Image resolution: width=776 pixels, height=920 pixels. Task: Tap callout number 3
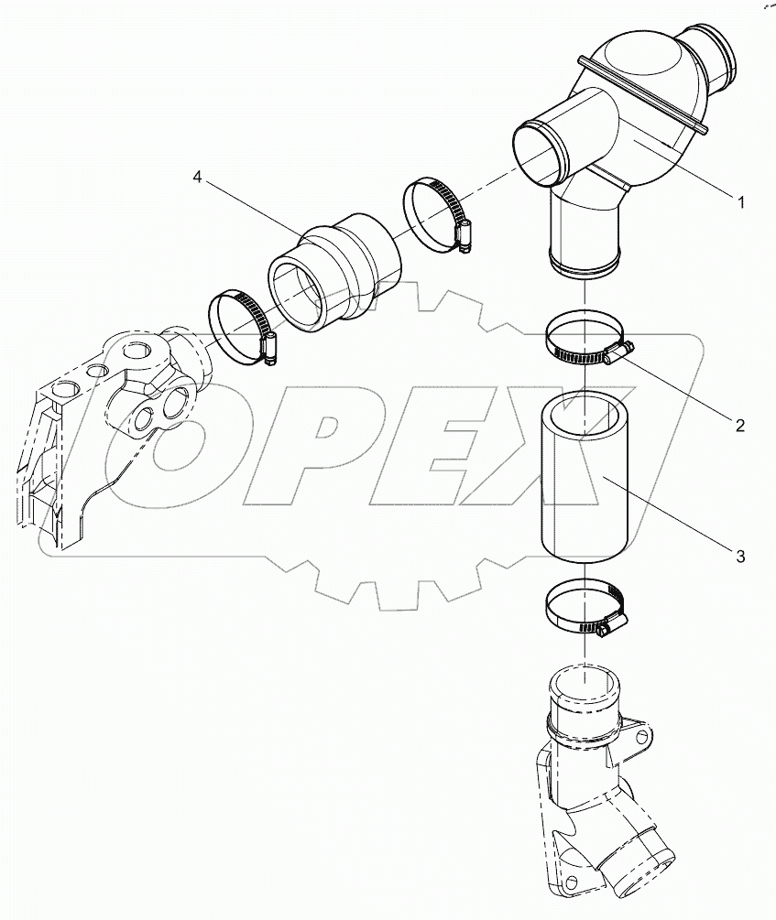pyautogui.click(x=738, y=555)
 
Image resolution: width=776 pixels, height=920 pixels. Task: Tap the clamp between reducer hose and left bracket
pyautogui.click(x=240, y=325)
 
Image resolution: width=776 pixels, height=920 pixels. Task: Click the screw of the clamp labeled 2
pyautogui.click(x=618, y=352)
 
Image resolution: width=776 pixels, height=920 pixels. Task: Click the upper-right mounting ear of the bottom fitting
pyautogui.click(x=642, y=733)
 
